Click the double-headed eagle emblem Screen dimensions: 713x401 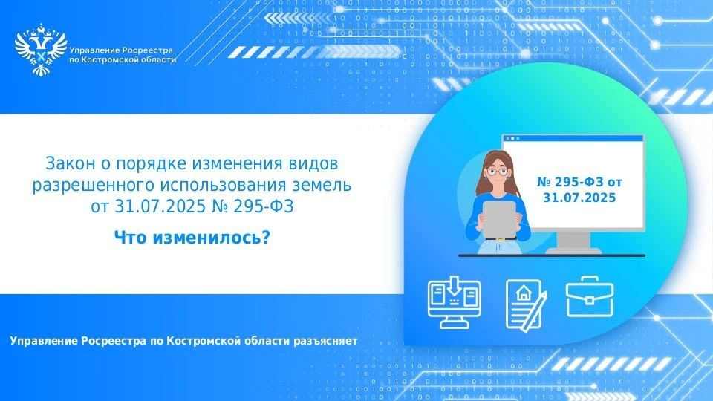click(40, 50)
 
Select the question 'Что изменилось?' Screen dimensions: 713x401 click(192, 237)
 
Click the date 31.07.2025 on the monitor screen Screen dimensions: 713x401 click(579, 198)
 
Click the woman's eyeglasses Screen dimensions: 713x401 click(497, 172)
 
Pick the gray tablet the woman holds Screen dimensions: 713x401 click(499, 220)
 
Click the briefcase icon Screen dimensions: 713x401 click(589, 297)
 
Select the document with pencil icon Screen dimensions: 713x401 click(526, 304)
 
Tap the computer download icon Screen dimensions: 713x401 click(455, 302)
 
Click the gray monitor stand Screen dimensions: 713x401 click(573, 243)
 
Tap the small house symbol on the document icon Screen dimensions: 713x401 click(524, 293)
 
